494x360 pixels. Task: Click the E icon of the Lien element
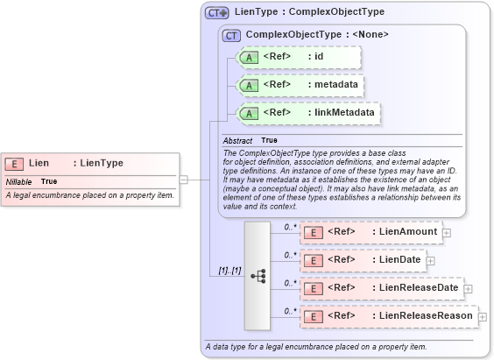pos(14,163)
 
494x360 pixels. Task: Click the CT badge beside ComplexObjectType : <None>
pos(232,35)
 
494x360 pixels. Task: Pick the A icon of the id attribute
pos(249,58)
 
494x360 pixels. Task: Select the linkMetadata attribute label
pos(342,112)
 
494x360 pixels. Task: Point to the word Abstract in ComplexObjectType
pos(237,140)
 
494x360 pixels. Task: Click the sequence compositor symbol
pos(258,275)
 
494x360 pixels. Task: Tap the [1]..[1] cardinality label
pos(229,271)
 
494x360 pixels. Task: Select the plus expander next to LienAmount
pos(447,233)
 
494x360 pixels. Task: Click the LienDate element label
pos(397,259)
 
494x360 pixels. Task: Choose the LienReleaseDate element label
pos(415,287)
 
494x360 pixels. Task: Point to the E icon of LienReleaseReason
pos(313,315)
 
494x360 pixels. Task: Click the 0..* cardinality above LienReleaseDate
pos(290,283)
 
